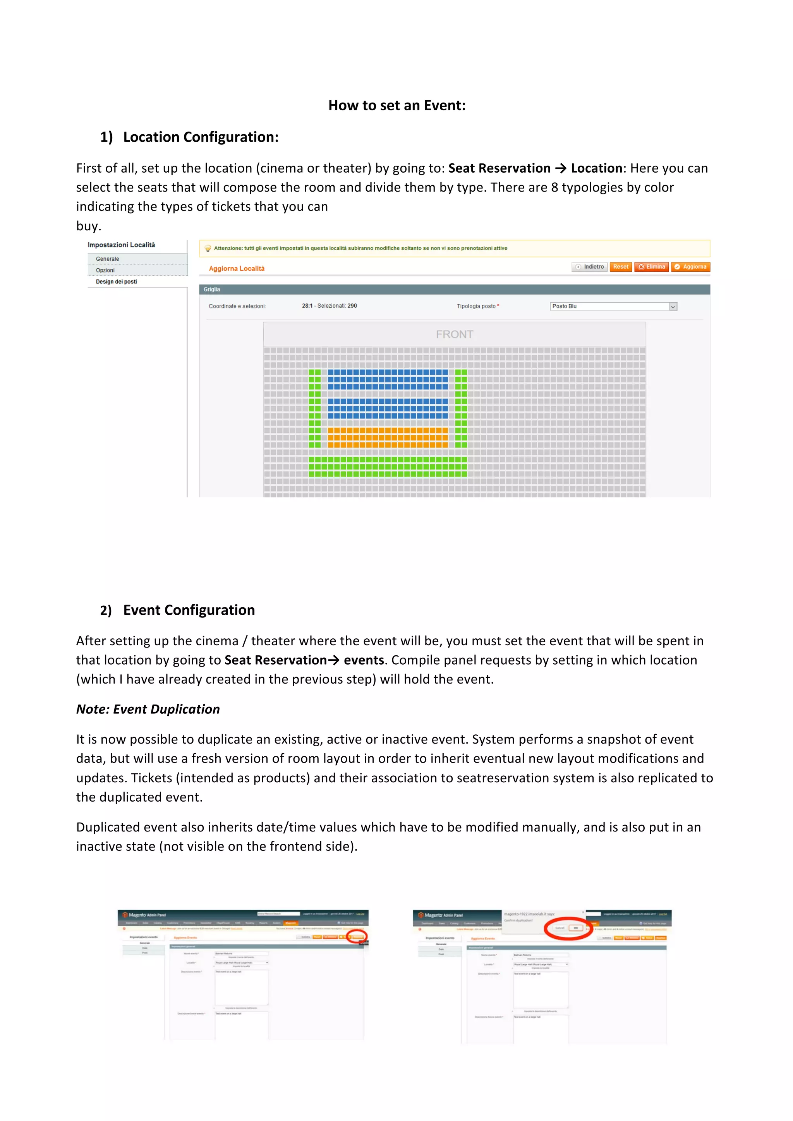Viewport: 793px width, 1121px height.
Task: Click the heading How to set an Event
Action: [396, 105]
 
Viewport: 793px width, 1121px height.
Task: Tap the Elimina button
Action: [652, 267]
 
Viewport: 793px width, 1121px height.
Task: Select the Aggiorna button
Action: [690, 267]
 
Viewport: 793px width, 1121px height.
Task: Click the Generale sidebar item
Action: [107, 259]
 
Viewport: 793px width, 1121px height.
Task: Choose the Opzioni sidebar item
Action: [105, 271]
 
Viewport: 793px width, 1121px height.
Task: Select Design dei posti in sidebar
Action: [116, 282]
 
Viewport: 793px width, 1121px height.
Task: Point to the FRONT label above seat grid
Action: [454, 334]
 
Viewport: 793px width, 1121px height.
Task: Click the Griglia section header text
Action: [212, 290]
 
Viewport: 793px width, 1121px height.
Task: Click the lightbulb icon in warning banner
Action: [208, 249]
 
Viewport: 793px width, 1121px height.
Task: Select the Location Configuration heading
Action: [200, 137]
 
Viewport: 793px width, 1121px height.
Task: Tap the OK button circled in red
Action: [576, 928]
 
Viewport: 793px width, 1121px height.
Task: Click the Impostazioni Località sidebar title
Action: [121, 245]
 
